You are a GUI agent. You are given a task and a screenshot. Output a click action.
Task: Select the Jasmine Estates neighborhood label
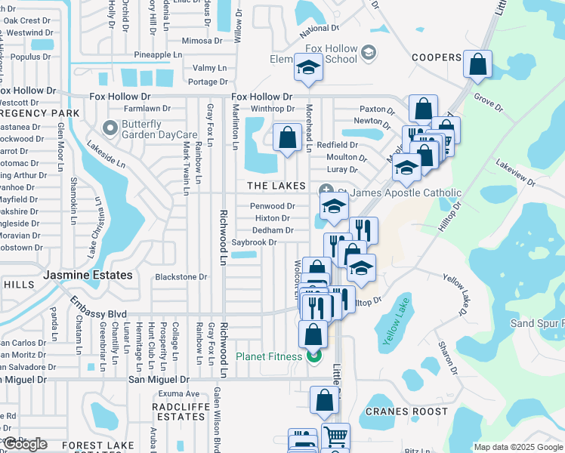[x=88, y=276]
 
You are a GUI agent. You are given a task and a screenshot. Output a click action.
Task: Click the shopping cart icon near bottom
[x=335, y=436]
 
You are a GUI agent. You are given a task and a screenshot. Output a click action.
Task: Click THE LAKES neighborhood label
[x=275, y=186]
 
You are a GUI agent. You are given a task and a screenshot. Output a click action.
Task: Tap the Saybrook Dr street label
[x=254, y=242]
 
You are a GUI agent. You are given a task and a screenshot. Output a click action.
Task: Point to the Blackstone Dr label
[x=181, y=277]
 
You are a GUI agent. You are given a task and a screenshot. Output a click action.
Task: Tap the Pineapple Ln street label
[x=158, y=55]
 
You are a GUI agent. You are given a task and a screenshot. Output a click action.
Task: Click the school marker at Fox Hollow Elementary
[x=308, y=69]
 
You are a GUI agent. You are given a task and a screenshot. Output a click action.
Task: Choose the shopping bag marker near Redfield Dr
[x=286, y=138]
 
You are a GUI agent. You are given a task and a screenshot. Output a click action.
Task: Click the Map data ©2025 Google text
[x=517, y=447]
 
